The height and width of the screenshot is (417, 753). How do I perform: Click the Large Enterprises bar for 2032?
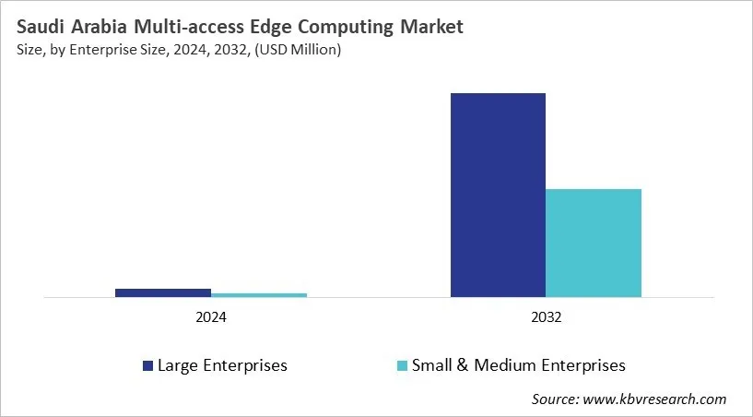click(498, 196)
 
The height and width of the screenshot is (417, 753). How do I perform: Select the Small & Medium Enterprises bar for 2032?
click(594, 244)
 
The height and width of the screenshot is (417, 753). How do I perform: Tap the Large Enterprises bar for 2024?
click(163, 292)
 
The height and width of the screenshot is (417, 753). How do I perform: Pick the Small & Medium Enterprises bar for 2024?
click(259, 295)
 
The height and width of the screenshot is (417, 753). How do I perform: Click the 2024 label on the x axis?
click(211, 316)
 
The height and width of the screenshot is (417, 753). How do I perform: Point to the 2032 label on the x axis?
click(546, 316)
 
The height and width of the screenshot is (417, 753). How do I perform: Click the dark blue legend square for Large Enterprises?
click(147, 366)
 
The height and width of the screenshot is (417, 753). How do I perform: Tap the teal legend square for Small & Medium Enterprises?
click(402, 366)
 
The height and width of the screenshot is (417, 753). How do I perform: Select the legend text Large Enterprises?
click(222, 365)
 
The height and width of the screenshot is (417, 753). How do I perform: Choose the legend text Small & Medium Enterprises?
click(519, 365)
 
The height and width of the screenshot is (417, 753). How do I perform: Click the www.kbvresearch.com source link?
click(655, 399)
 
